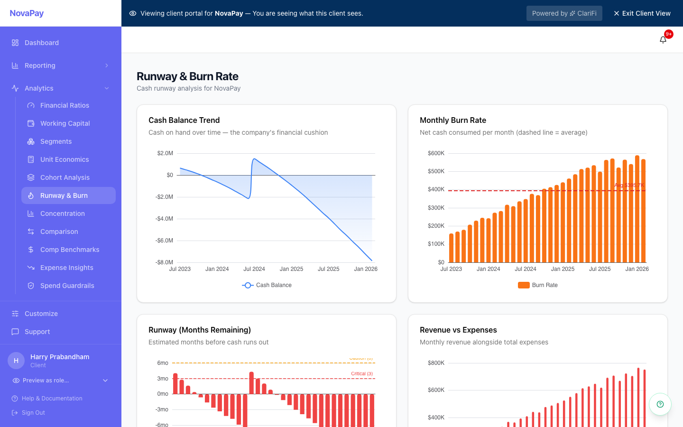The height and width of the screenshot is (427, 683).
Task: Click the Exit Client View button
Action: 642,13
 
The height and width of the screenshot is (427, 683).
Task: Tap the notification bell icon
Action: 663,40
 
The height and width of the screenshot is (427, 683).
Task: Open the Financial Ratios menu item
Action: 65,105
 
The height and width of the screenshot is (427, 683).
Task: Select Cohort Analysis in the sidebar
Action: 65,177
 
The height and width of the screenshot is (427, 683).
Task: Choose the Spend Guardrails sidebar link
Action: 67,286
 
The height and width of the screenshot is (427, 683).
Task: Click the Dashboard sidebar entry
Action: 42,43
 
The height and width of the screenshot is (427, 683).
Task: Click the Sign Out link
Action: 33,413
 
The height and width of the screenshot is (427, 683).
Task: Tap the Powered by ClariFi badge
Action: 564,13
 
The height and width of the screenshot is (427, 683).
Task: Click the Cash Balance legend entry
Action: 267,285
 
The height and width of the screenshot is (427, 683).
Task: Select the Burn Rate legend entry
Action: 538,285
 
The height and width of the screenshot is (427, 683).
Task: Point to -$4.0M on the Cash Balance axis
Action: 164,219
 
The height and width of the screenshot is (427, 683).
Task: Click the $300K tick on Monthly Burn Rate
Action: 436,208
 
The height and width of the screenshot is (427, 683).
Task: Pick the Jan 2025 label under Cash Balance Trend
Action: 291,269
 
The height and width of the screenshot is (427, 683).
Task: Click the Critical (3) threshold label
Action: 361,374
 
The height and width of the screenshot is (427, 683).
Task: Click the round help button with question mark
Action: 660,404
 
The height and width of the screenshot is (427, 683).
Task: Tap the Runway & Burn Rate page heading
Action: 187,76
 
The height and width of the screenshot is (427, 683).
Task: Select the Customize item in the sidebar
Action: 41,314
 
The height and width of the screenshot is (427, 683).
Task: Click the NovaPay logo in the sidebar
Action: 27,13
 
